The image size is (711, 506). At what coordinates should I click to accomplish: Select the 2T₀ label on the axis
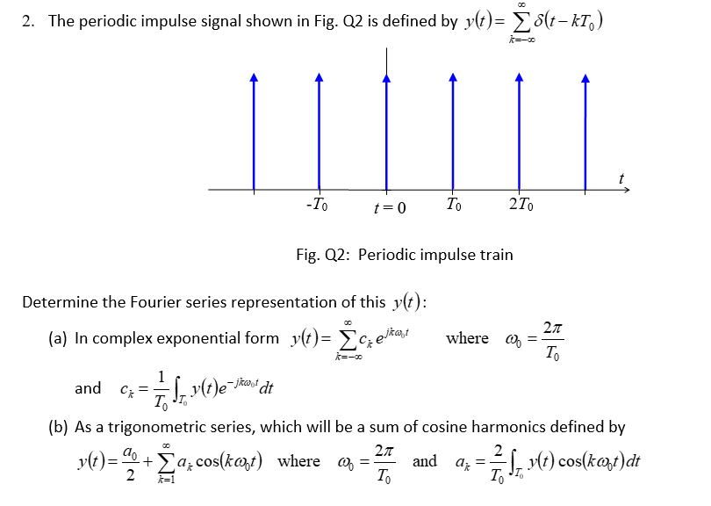(521, 206)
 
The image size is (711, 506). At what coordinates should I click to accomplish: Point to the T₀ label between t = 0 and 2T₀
(452, 206)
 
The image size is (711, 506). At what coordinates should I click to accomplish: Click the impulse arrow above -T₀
(320, 132)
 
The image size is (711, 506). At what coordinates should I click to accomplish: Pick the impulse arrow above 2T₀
(520, 132)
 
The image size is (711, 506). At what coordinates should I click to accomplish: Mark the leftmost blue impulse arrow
(255, 132)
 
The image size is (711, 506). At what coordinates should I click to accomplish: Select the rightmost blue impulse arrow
(585, 132)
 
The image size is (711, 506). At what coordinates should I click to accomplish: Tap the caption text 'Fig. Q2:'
(321, 255)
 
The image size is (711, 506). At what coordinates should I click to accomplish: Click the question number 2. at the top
(28, 21)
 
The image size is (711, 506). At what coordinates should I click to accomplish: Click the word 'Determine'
(57, 302)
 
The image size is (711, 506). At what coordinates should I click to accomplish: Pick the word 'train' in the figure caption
(494, 255)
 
